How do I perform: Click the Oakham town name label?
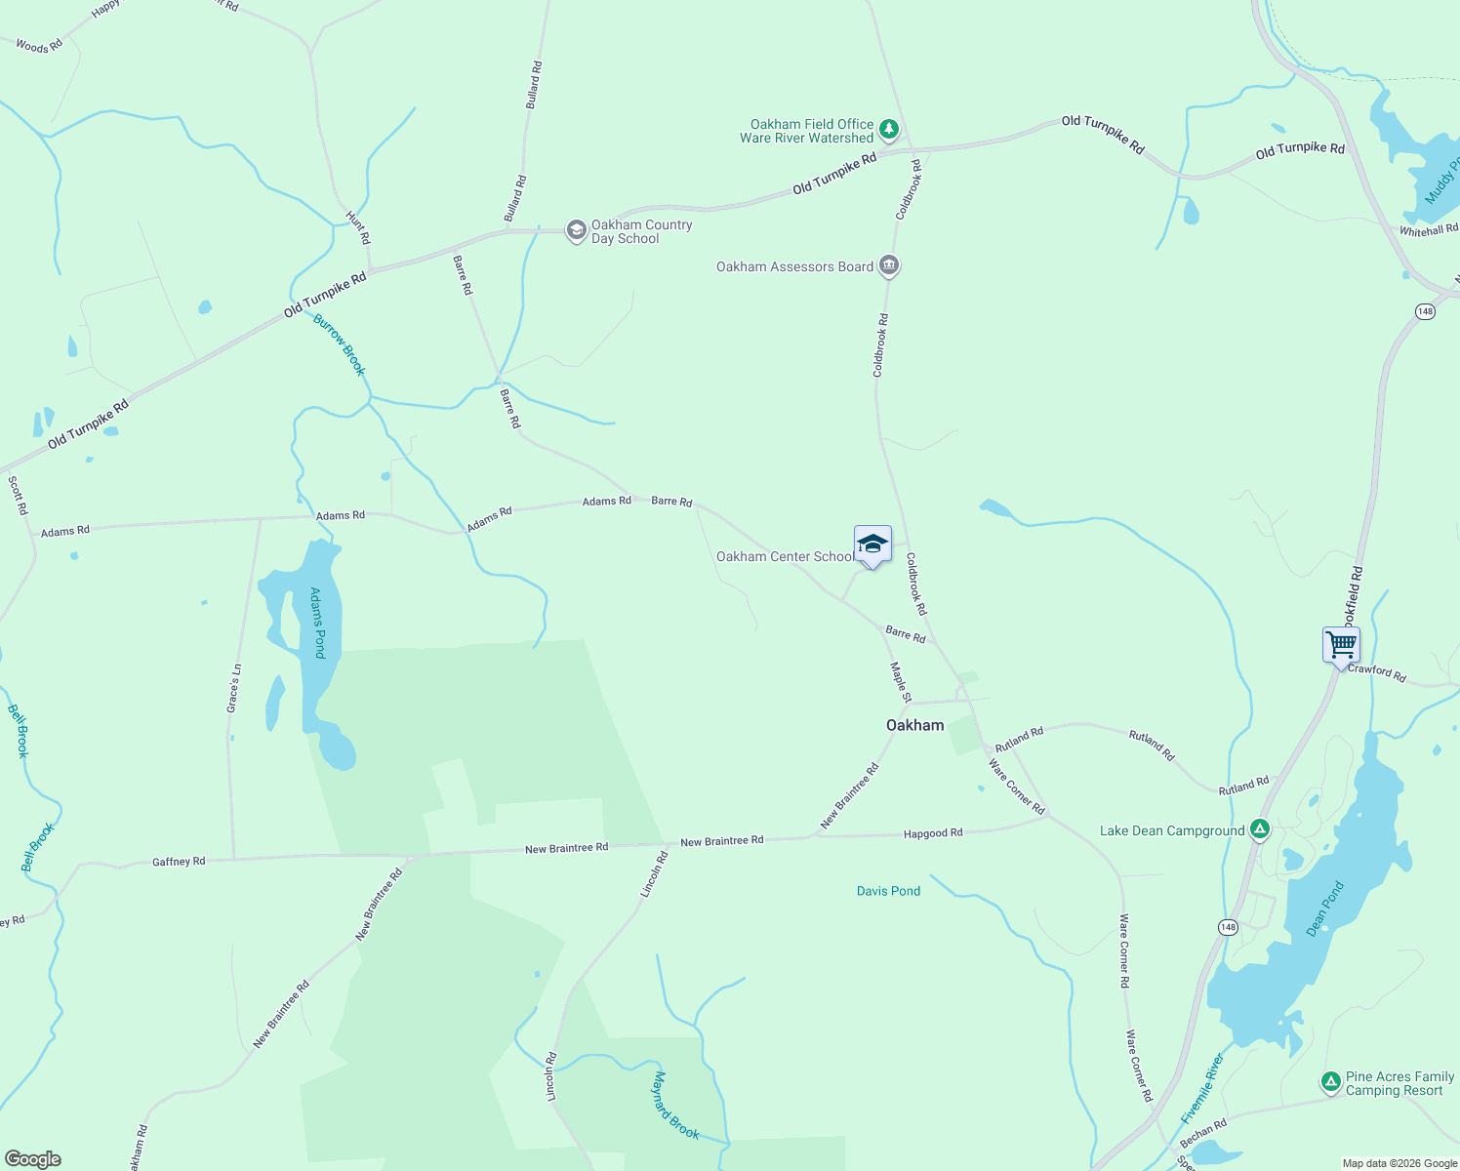pyautogui.click(x=914, y=725)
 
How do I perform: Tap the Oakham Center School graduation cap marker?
pyautogui.click(x=872, y=545)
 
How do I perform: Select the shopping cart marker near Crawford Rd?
pyautogui.click(x=1341, y=645)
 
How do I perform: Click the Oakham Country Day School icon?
pyautogui.click(x=577, y=231)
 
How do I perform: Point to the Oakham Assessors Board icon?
pyautogui.click(x=888, y=265)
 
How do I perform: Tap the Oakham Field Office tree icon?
pyautogui.click(x=888, y=129)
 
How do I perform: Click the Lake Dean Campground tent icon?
pyautogui.click(x=1260, y=830)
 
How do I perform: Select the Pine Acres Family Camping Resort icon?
pyautogui.click(x=1330, y=1082)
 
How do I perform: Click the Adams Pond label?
pyautogui.click(x=317, y=623)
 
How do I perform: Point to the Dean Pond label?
pyautogui.click(x=1325, y=909)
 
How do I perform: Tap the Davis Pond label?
pyautogui.click(x=888, y=891)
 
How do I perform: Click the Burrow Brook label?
pyautogui.click(x=339, y=345)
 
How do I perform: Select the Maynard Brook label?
pyautogui.click(x=675, y=1106)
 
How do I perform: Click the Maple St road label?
pyautogui.click(x=901, y=682)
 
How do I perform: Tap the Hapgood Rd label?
pyautogui.click(x=933, y=833)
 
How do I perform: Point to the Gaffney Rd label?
pyautogui.click(x=179, y=862)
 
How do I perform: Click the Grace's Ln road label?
pyautogui.click(x=233, y=688)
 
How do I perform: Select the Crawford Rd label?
pyautogui.click(x=1377, y=673)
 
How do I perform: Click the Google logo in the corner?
pyautogui.click(x=32, y=1159)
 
